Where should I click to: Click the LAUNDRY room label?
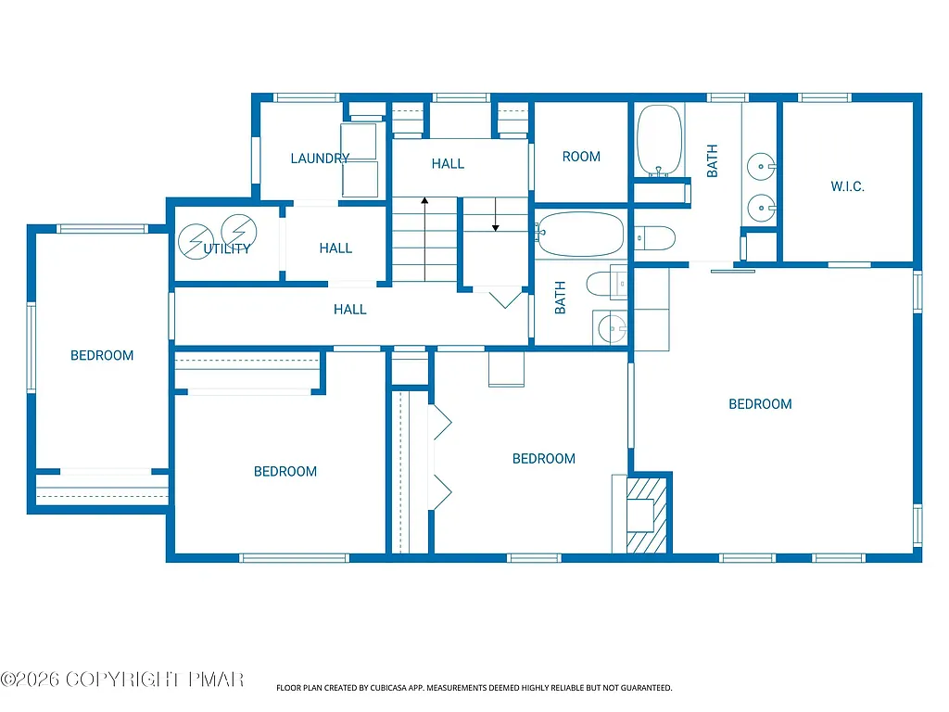click(320, 159)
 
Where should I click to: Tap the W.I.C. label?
click(847, 186)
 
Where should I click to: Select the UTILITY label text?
click(227, 248)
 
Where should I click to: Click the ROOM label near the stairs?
click(581, 157)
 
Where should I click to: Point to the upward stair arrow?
click(424, 200)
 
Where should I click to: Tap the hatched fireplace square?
click(647, 515)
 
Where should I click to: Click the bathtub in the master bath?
click(660, 139)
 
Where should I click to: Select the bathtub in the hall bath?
click(581, 235)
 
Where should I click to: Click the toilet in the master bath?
click(654, 238)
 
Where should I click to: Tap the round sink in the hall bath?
click(611, 326)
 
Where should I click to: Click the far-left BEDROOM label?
click(102, 355)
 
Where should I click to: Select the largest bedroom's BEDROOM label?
click(760, 404)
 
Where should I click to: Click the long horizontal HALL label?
click(350, 310)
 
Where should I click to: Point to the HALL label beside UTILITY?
click(335, 248)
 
